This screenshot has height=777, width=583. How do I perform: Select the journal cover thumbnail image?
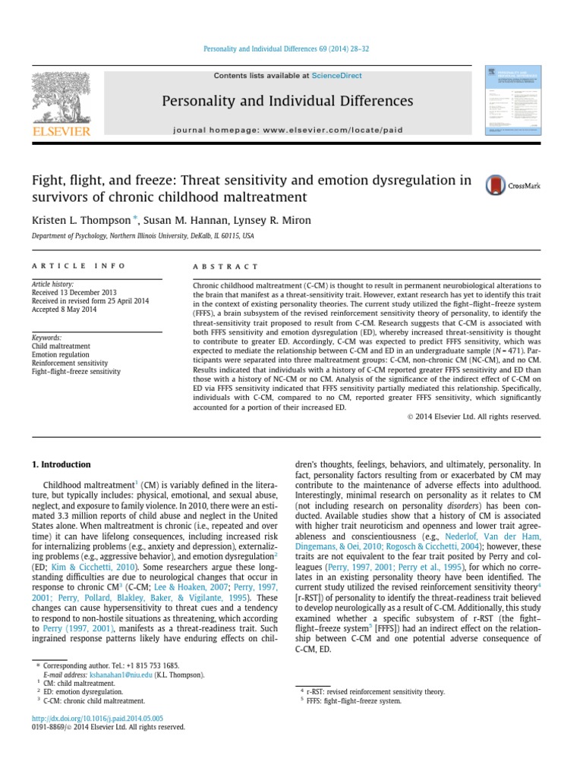pos(513,102)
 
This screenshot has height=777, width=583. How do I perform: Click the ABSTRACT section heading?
pos(226,267)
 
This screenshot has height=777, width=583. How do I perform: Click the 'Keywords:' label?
pos(46,337)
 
